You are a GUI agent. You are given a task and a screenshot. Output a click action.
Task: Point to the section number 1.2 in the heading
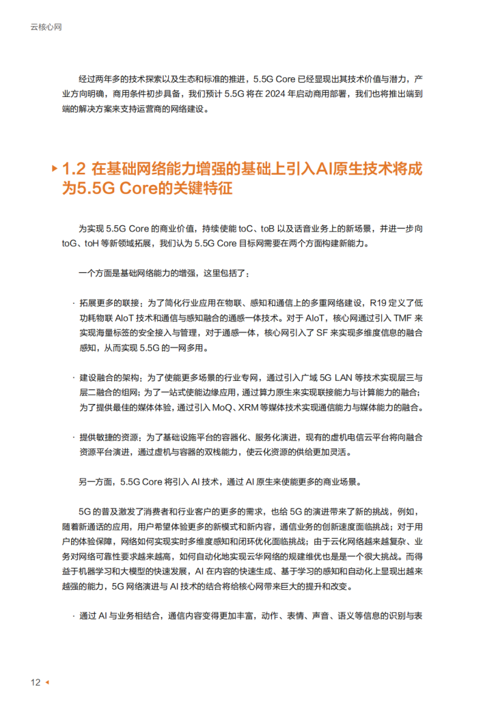coord(73,169)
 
